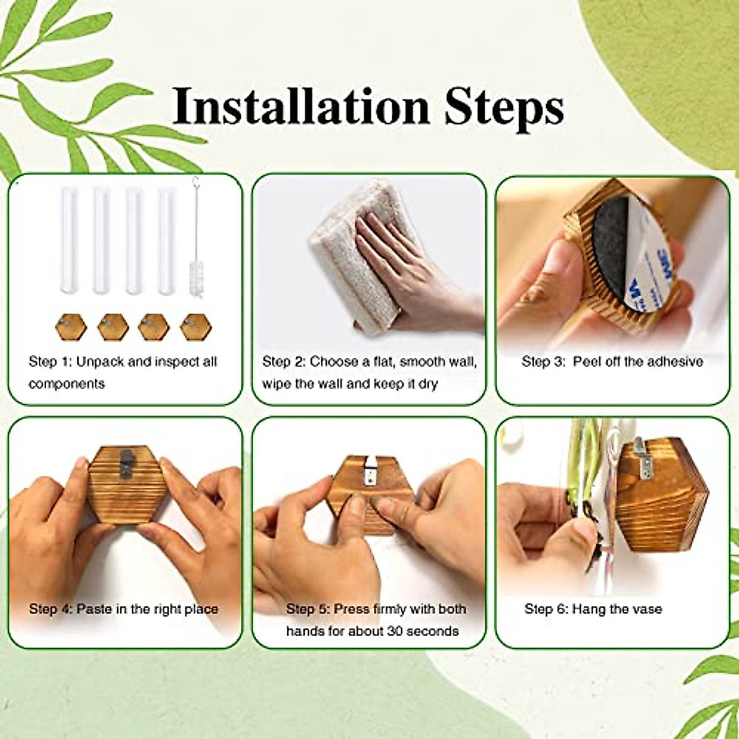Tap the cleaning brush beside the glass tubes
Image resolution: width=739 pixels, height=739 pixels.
coord(197,246)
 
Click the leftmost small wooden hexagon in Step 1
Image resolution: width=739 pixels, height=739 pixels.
coord(71,327)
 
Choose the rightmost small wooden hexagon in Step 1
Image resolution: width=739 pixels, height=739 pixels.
coord(196,327)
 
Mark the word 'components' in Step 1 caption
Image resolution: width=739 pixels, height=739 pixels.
coord(67,384)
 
